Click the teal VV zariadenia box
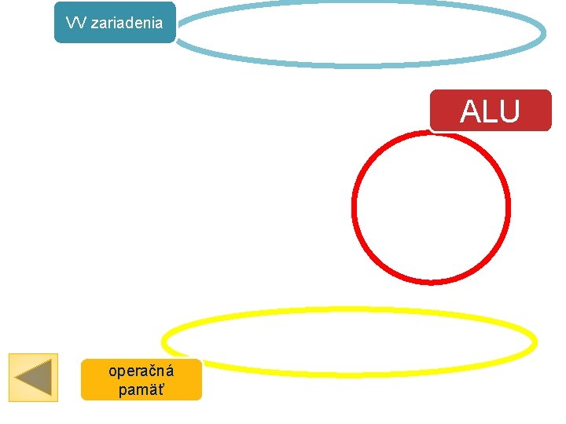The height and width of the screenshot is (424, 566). pyautogui.click(x=115, y=22)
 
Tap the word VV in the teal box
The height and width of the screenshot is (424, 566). pyautogui.click(x=76, y=22)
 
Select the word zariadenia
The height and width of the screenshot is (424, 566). pyautogui.click(x=127, y=22)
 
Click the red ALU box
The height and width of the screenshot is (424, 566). pyautogui.click(x=491, y=111)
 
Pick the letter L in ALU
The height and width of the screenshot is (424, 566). pyautogui.click(x=488, y=111)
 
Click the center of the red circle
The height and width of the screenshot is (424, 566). pyautogui.click(x=431, y=207)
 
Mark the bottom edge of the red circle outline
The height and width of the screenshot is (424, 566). pyautogui.click(x=431, y=281)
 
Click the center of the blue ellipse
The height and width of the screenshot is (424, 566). pyautogui.click(x=360, y=34)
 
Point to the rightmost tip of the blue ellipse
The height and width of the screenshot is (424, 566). pyautogui.click(x=543, y=34)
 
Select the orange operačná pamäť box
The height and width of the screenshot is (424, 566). pyautogui.click(x=141, y=380)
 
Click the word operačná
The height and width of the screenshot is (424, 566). pyautogui.click(x=141, y=371)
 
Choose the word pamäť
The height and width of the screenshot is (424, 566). pyautogui.click(x=141, y=389)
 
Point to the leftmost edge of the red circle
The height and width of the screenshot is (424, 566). pyautogui.click(x=354, y=207)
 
